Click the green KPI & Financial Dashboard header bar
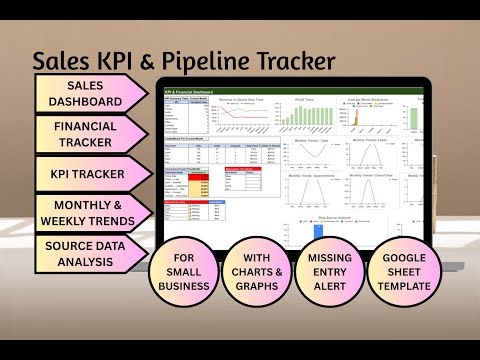pyautogui.click(x=290, y=93)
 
